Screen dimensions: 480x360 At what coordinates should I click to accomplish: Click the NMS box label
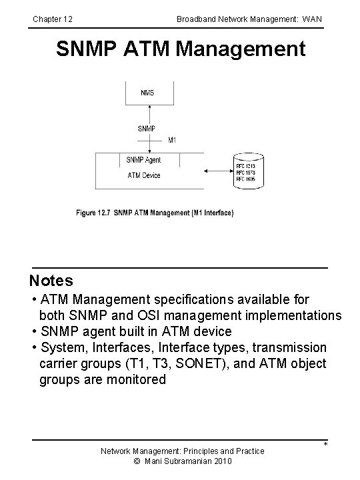tap(147, 93)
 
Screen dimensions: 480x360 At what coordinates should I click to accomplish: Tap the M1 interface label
tap(172, 140)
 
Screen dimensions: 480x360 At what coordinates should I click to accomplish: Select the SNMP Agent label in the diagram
tap(143, 160)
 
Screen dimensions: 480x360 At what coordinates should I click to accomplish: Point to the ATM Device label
tap(144, 175)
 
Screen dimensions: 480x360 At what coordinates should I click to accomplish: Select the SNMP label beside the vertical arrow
tap(147, 128)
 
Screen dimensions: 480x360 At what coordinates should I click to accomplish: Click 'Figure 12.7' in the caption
tap(93, 213)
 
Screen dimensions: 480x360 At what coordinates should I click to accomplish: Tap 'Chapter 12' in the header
tap(53, 19)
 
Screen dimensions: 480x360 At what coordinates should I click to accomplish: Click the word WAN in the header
tap(311, 19)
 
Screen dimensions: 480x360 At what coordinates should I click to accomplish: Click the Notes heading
tap(51, 281)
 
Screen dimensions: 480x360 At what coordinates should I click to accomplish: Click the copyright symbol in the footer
tap(137, 461)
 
